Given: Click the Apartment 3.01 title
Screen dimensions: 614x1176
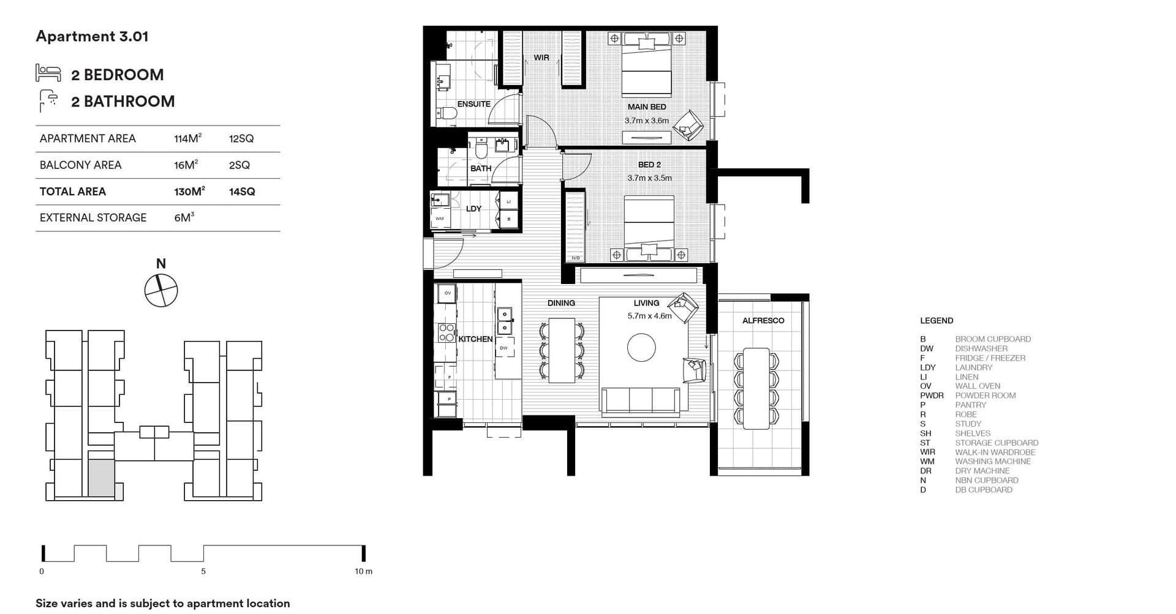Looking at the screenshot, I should [92, 36].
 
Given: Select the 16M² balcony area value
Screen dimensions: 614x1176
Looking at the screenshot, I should [186, 165].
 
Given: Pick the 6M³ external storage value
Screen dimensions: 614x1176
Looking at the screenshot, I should [184, 217].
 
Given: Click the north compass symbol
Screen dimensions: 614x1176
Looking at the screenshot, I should [161, 290].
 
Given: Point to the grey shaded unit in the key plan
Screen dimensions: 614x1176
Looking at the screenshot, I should [101, 478].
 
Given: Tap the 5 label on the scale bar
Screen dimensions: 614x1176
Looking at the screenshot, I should [203, 571].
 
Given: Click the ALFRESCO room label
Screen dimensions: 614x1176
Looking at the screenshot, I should [763, 320].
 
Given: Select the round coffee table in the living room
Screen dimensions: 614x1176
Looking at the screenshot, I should [641, 347].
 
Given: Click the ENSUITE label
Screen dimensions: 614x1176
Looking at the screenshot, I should [473, 104].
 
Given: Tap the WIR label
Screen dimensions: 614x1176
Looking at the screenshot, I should [541, 58].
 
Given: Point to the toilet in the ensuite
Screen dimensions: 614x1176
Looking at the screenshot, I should [447, 113].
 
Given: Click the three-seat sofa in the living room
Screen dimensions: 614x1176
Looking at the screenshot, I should [640, 401].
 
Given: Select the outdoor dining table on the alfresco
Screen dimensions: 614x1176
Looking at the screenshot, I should [756, 389].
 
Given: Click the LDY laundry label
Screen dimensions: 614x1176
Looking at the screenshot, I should [473, 209].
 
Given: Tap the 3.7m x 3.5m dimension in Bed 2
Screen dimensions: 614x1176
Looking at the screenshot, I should [649, 178].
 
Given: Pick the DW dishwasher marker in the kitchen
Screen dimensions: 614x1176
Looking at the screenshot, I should [503, 348].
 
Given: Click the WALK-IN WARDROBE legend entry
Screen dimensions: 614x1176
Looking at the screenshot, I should [995, 452].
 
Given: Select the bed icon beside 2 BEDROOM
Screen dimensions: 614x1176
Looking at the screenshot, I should [48, 73].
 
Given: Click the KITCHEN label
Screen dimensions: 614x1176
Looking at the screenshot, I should [475, 339].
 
